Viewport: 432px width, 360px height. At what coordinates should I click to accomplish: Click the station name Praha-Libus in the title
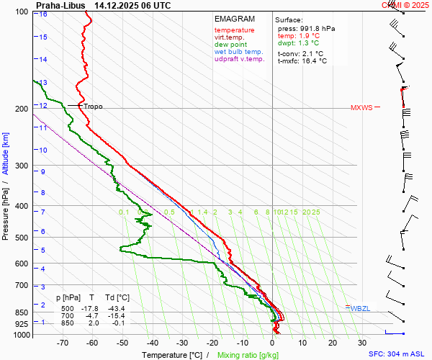[60, 5]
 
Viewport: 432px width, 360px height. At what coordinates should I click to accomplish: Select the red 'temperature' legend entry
[234, 30]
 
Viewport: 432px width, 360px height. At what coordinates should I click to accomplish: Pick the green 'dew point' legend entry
[230, 45]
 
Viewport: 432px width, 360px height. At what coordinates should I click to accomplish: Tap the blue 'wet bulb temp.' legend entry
[239, 52]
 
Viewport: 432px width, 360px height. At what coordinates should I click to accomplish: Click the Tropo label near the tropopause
[93, 107]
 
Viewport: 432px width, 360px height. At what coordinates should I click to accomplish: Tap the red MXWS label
[361, 108]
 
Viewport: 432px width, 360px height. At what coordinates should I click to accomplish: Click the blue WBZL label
[360, 308]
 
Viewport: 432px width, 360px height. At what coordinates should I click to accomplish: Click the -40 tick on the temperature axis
[152, 343]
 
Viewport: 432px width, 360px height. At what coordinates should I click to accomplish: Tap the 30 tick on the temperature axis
[362, 343]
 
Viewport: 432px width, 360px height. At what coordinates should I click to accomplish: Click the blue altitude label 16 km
[44, 14]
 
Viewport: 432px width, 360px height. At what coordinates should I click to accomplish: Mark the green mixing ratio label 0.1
[124, 212]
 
